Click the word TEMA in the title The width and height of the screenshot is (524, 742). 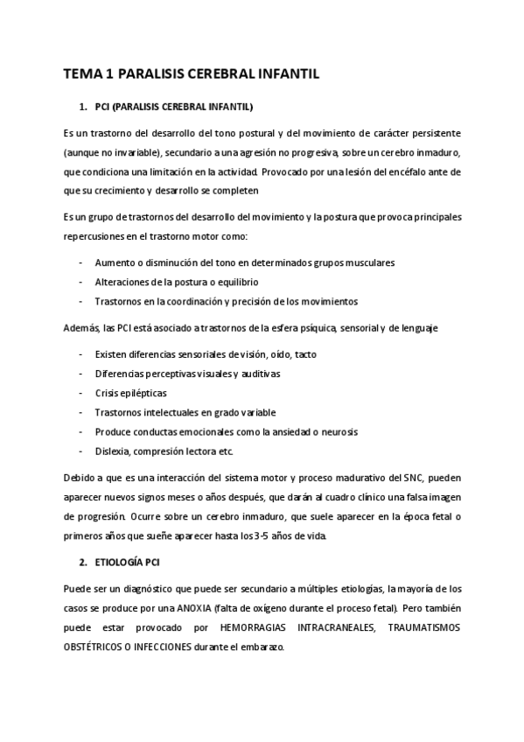(x=81, y=75)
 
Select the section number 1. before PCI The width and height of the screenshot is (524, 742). (x=83, y=107)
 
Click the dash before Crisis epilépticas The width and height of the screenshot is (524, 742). (x=80, y=393)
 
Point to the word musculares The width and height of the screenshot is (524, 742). (x=372, y=262)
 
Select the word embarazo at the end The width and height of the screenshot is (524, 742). (x=261, y=648)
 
